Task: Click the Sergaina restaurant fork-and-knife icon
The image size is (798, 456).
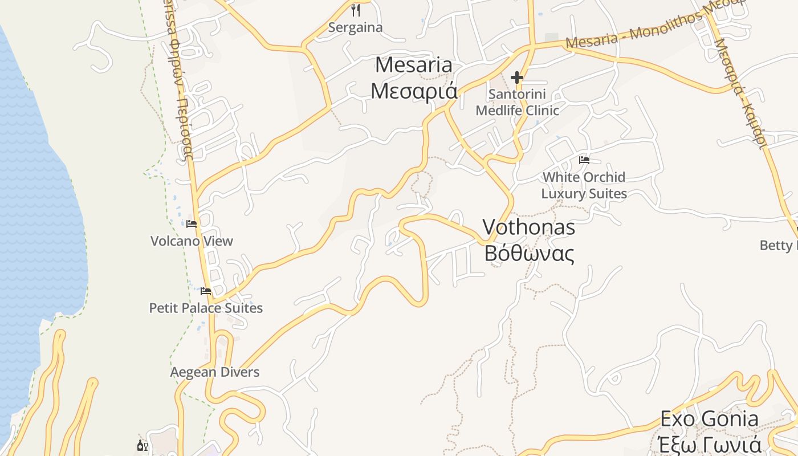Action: point(356,10)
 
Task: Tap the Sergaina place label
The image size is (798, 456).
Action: point(356,27)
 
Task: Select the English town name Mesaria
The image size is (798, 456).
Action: point(414,65)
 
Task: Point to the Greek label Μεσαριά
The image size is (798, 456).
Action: point(414,90)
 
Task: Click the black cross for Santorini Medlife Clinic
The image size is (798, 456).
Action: point(517,78)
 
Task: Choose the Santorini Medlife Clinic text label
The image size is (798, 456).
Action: point(517,102)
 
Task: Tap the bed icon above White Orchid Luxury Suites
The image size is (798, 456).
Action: point(584,160)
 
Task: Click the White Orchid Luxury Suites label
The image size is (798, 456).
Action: point(584,185)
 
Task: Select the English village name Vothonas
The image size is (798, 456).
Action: point(529,227)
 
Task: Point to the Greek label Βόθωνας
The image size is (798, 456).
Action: point(529,253)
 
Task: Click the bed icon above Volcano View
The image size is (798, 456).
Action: point(192,224)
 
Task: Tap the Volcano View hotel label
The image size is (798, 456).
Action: point(192,241)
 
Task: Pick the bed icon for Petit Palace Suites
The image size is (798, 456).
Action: point(206,291)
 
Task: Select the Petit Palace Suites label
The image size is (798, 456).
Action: point(206,308)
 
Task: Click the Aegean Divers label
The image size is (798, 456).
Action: point(215,372)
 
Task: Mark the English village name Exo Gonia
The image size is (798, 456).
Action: point(709,419)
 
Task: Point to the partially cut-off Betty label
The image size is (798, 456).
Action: point(779,246)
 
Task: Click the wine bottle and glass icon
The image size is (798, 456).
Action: point(142,445)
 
